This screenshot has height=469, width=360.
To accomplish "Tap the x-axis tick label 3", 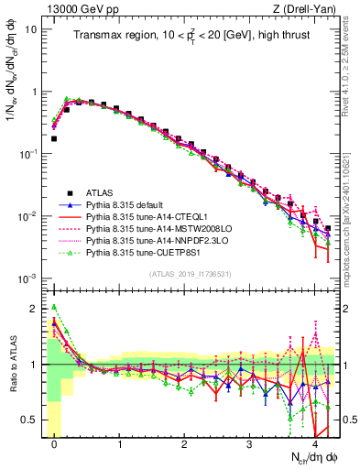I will tap(250, 444).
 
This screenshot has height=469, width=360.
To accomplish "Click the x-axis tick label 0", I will tap(55, 444).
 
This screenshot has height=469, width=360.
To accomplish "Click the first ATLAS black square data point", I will tap(54, 139).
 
